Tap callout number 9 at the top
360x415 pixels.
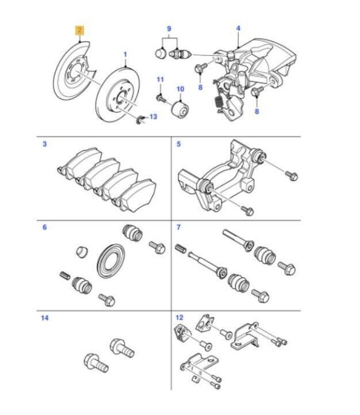click(x=169, y=29)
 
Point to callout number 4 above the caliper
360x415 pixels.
click(x=238, y=29)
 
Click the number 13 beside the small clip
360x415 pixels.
click(x=152, y=117)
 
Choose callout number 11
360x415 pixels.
click(x=160, y=80)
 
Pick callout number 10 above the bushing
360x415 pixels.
click(x=179, y=89)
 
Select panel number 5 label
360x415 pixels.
click(x=178, y=145)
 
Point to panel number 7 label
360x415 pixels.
click(x=178, y=228)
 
